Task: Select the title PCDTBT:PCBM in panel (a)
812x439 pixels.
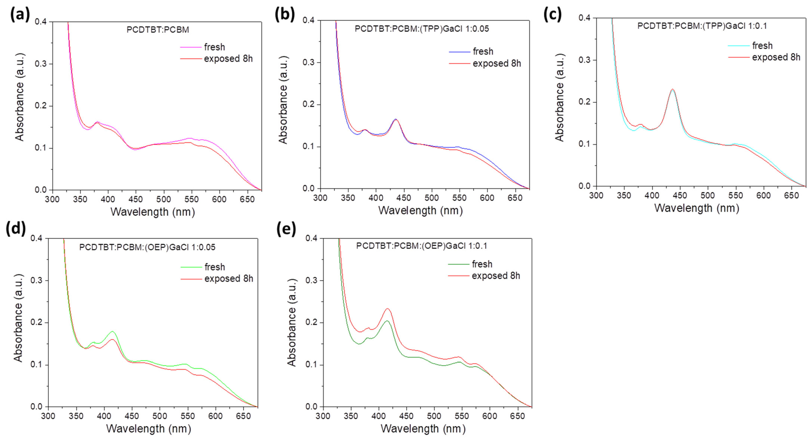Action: (158, 30)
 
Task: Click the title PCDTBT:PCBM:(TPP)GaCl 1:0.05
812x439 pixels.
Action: (422, 29)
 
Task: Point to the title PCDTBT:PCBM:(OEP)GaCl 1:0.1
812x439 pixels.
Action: (422, 246)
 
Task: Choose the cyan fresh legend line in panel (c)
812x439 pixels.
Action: (739, 46)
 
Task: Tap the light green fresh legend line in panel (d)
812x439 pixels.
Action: (191, 267)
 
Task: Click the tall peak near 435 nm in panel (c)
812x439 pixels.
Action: (672, 90)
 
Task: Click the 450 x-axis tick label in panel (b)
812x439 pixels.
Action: (404, 198)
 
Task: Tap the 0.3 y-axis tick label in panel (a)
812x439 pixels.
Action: (41, 64)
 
